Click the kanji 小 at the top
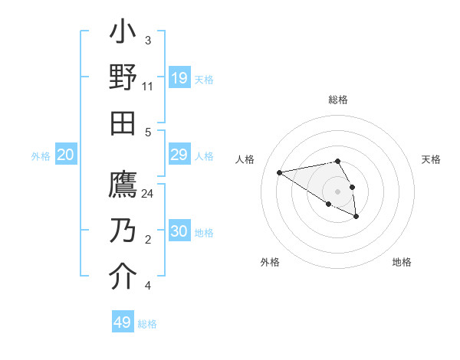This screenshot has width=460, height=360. pos(123,35)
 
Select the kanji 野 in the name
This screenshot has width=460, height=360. pos(123,79)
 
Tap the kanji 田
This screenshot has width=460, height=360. pos(123,123)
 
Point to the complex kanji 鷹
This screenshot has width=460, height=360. pos(123,186)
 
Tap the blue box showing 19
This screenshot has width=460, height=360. pos(179,78)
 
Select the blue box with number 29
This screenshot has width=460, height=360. pos(179,155)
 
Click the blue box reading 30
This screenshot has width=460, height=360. pos(179,232)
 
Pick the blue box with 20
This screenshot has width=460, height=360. pos(66,155)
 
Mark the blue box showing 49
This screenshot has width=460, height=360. pos(123,322)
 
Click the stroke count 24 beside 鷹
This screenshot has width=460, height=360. pos(148,194)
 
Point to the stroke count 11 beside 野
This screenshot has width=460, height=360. pos(148,87)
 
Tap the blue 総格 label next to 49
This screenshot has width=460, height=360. pos(148,324)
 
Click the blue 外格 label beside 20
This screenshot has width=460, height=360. pos(41,156)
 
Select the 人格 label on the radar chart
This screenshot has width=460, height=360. pos(245,159)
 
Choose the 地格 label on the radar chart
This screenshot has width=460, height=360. pos(402,262)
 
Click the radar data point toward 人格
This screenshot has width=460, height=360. pos(279,172)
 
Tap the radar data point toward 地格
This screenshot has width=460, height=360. pos(356,217)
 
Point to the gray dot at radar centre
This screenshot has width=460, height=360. pos(338,191)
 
